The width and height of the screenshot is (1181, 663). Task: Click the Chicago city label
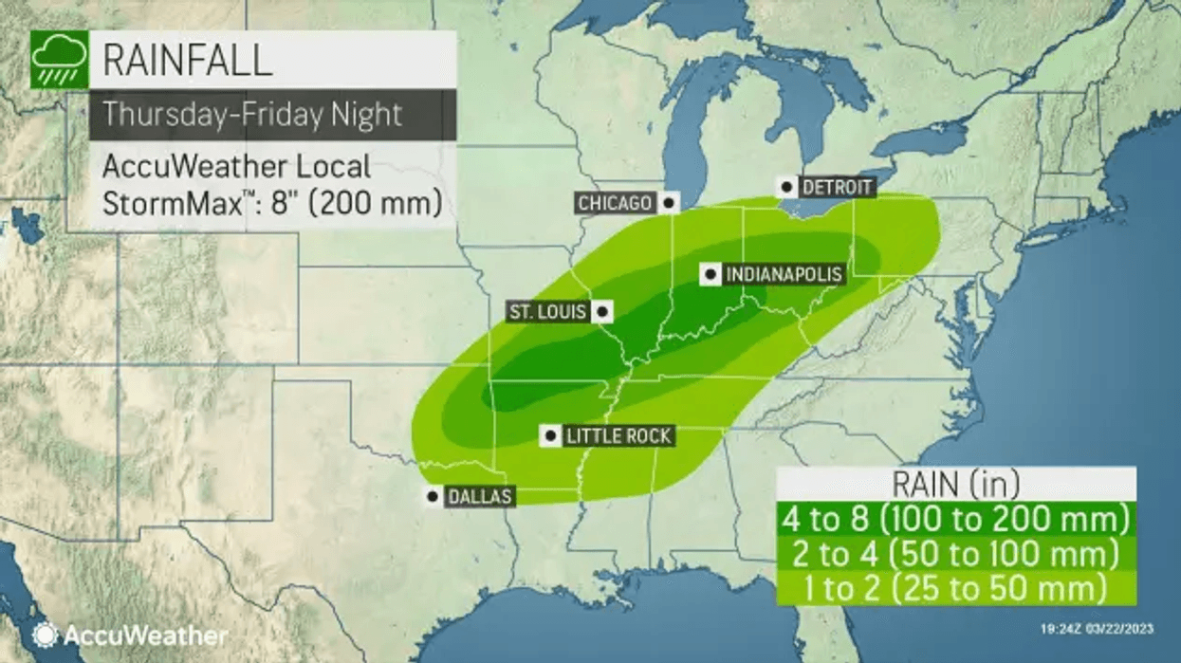click(x=615, y=203)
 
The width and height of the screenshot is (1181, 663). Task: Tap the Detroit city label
click(x=837, y=187)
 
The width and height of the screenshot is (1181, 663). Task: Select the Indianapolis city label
click(x=784, y=275)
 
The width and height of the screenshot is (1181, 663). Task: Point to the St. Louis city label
click(x=546, y=312)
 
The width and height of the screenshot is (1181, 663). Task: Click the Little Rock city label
click(x=618, y=436)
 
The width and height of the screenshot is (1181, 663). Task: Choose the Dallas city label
click(x=481, y=496)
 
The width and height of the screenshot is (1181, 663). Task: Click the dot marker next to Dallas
click(x=433, y=495)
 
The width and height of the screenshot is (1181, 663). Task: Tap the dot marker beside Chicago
click(x=670, y=202)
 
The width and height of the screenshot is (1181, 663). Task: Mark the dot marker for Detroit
click(x=786, y=187)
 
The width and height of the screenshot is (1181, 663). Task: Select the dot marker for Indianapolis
click(x=709, y=275)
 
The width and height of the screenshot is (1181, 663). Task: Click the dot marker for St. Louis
click(x=601, y=311)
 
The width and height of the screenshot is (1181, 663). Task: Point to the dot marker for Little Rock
click(x=549, y=436)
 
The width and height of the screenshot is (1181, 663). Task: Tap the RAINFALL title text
click(x=187, y=60)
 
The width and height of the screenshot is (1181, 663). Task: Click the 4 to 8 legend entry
click(x=956, y=520)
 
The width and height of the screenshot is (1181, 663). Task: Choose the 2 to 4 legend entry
click(x=956, y=554)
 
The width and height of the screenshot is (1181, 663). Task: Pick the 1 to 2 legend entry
click(x=956, y=588)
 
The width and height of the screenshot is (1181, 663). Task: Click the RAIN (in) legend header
click(x=956, y=485)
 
